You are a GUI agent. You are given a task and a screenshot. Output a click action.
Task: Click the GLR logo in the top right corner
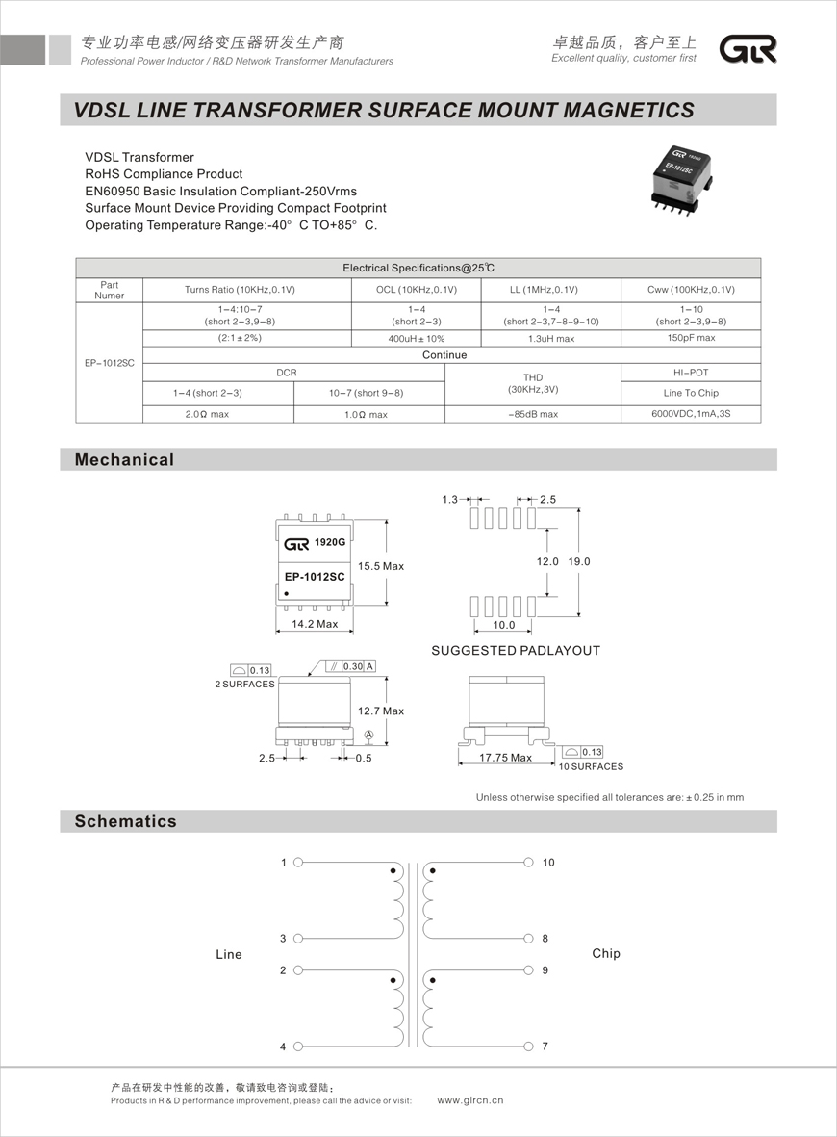coord(749,49)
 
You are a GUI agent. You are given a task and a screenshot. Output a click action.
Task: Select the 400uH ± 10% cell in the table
coord(416,339)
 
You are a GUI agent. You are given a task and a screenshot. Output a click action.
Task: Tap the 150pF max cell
coord(691,338)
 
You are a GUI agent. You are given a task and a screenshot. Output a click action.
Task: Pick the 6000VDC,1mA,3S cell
coord(691,414)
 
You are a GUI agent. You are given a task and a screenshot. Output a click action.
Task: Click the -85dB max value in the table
coord(533,414)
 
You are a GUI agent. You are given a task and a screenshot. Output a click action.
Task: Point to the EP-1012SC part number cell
coord(109,363)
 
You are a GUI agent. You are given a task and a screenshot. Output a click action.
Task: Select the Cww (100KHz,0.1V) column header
coord(691,290)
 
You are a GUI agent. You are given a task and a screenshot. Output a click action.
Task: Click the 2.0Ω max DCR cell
coord(217,414)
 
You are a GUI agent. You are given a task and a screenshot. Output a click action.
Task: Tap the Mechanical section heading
coord(125,460)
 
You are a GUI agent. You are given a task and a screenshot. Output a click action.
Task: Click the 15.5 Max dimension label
coord(381,566)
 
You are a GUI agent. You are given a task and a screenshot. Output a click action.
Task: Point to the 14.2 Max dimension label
coord(315,624)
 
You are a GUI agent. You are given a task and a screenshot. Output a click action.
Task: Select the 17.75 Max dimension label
coord(507,758)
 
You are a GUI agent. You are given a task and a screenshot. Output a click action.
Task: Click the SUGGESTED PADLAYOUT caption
coord(516,651)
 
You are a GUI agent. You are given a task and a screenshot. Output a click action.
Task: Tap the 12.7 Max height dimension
coord(381,711)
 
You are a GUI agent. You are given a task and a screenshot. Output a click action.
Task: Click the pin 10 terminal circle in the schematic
coord(528,863)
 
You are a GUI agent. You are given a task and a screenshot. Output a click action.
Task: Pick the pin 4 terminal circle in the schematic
coord(298,1047)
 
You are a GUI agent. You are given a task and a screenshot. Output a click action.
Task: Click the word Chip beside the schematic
coord(606,954)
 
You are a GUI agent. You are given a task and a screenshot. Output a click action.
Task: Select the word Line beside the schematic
coord(229,955)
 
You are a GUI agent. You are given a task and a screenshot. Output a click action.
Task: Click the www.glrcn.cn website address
coord(470,1100)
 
